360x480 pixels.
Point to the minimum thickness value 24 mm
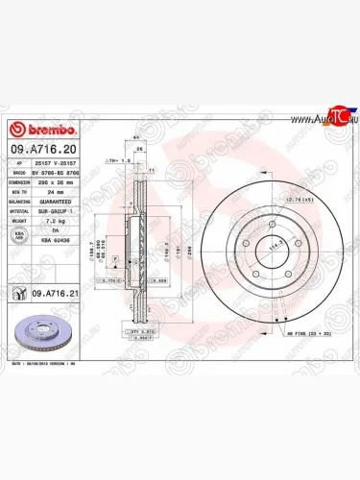click(60, 192)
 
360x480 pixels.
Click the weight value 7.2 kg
click(60, 220)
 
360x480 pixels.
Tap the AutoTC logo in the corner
click(329, 120)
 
